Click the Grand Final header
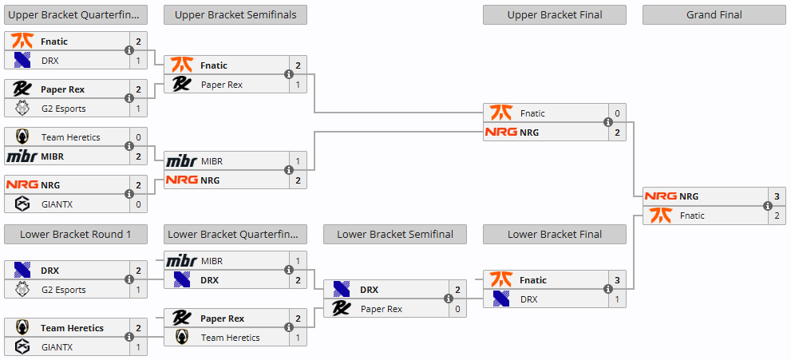[x=714, y=14]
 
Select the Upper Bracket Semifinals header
[x=235, y=14]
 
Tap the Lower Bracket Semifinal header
[x=394, y=234]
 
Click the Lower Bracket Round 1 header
[x=75, y=234]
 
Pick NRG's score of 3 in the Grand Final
[x=777, y=196]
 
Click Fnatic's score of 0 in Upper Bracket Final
[x=617, y=113]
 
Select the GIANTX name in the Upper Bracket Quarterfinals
[x=57, y=204]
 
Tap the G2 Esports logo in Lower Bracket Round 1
[x=22, y=290]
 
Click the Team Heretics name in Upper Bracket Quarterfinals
[x=70, y=137]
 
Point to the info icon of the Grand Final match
[x=768, y=206]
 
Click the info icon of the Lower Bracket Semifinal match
[x=449, y=299]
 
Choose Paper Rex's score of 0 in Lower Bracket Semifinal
[x=457, y=309]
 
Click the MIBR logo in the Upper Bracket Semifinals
[x=181, y=161]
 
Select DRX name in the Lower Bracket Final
[x=529, y=299]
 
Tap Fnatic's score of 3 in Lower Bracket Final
[x=617, y=280]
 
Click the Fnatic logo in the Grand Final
[x=661, y=216]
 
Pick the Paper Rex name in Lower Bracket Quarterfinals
[x=223, y=318]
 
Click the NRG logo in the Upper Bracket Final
[x=500, y=133]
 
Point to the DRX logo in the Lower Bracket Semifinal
[x=342, y=290]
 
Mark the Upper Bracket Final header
[x=554, y=14]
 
